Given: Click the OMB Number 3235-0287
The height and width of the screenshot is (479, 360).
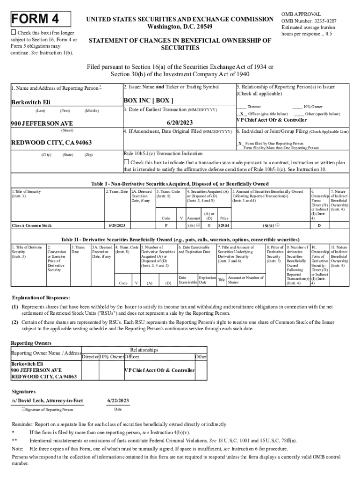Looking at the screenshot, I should (x=309, y=21).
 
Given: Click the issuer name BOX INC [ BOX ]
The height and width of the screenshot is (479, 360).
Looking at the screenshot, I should (x=148, y=100).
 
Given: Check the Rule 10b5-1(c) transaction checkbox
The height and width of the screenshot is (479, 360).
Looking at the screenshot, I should (x=126, y=162).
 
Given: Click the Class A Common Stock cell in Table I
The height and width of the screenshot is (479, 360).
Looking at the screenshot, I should (x=32, y=226).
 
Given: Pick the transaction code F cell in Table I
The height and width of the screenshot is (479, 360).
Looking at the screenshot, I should (x=166, y=226).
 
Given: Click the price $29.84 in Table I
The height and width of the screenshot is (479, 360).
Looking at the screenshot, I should (x=224, y=226).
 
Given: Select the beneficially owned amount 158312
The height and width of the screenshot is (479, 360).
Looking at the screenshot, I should (x=270, y=226).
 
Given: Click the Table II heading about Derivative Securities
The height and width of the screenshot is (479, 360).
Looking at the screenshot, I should (x=180, y=239).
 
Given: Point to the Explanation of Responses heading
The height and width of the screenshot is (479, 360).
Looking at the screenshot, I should (x=41, y=298).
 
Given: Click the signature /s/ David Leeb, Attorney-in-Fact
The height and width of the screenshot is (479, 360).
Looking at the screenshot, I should (x=47, y=401).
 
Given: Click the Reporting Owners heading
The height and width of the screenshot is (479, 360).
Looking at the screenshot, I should (x=31, y=343).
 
